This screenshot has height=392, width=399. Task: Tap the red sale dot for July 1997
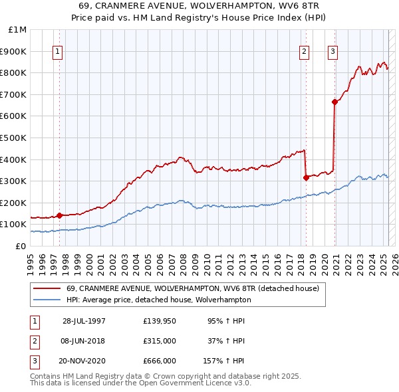pos(59,215)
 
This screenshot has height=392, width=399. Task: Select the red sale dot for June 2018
pos(306,177)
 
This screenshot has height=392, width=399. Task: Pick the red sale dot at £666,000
pos(334,102)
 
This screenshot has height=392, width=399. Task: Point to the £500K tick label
pos(13,138)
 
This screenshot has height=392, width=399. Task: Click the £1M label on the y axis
pos(17,30)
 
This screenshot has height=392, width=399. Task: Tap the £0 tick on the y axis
pos(21,246)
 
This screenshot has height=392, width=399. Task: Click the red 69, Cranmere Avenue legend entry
pos(193,288)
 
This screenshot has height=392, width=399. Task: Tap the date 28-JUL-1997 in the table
pos(84,321)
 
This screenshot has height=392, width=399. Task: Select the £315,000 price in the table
pos(159,341)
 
